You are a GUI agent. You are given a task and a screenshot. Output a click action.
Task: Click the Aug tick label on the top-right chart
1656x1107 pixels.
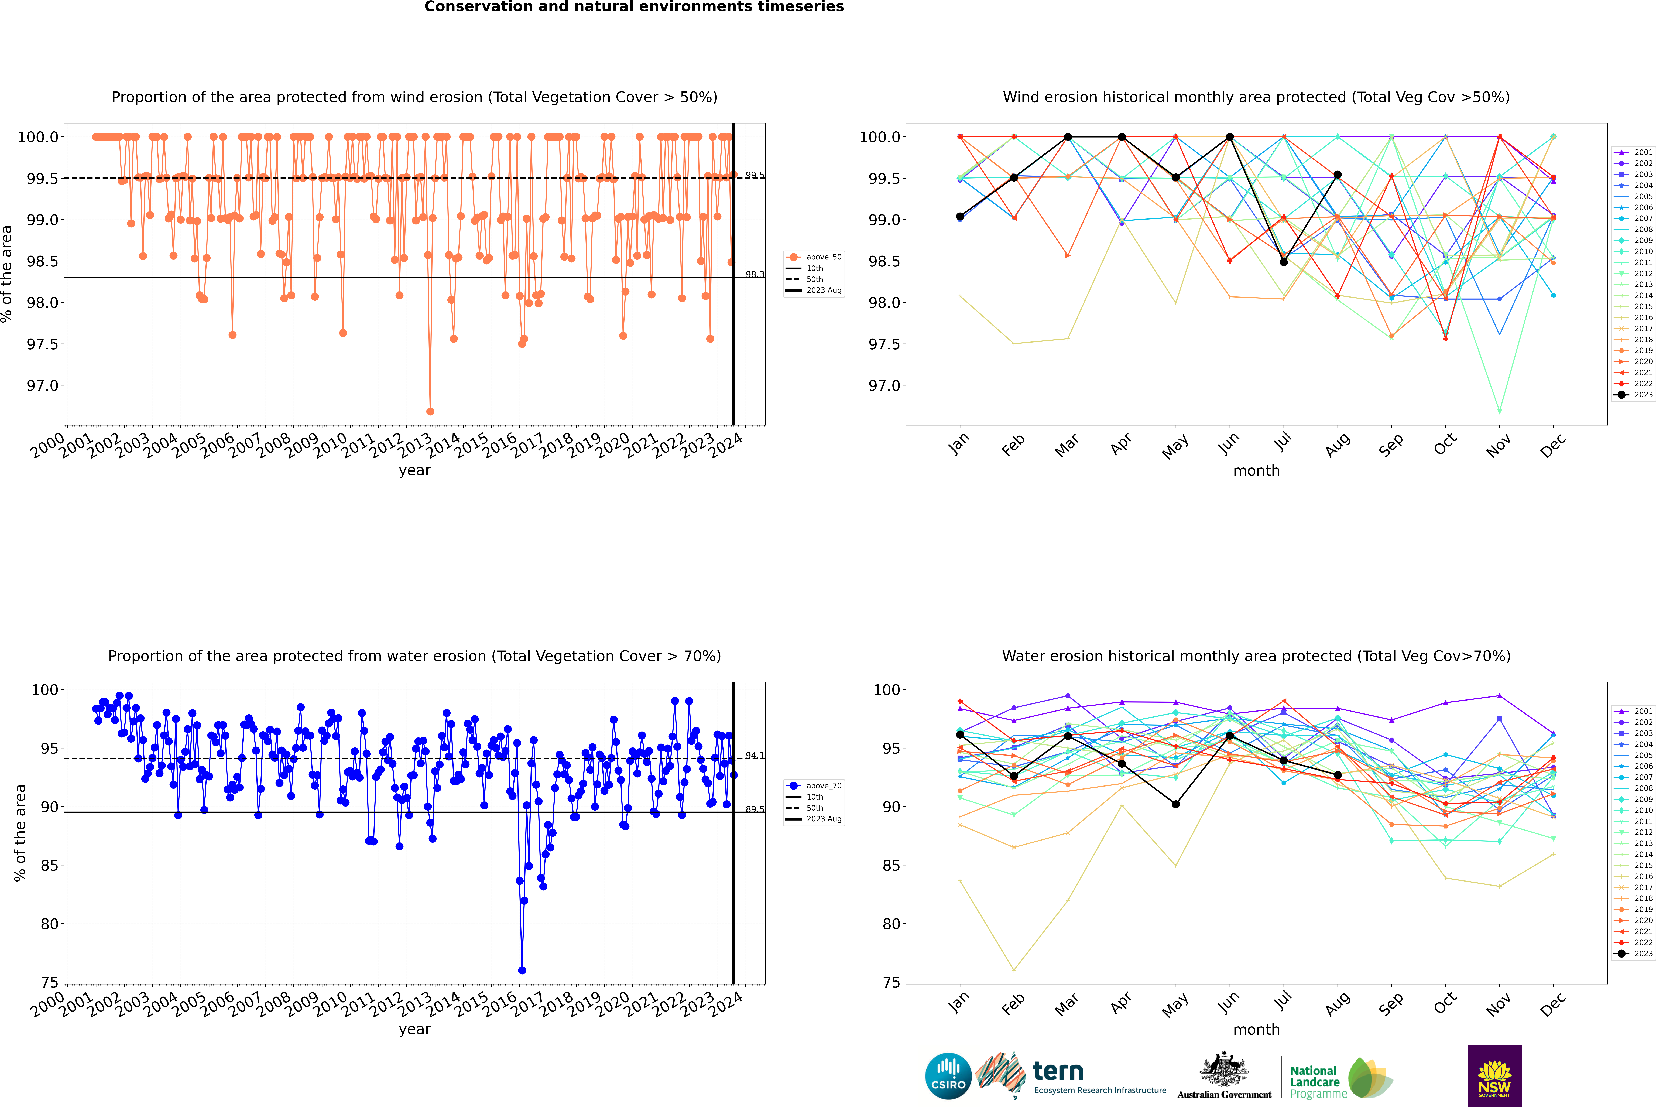pos(1338,445)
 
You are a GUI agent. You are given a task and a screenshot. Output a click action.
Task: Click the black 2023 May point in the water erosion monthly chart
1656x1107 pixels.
pos(1175,804)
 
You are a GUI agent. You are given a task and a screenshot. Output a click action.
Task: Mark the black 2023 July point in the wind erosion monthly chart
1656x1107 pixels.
pos(1283,262)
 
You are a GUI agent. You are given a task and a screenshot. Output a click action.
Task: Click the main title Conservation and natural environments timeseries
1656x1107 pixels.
pos(634,7)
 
